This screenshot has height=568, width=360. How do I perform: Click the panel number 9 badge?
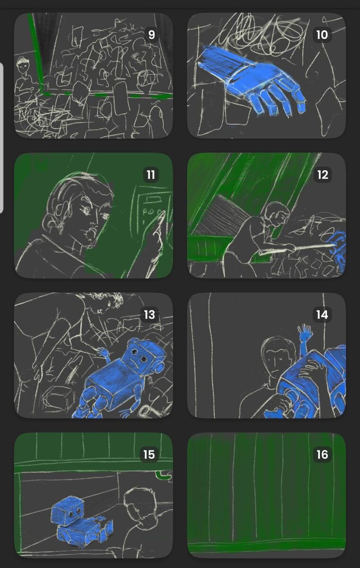point(151,35)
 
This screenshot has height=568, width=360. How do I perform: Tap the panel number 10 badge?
point(322,35)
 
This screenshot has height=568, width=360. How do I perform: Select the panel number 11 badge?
point(151,175)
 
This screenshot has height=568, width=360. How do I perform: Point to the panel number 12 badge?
point(323,175)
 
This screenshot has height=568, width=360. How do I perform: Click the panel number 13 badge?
point(149,315)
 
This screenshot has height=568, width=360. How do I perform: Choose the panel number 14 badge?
point(322,315)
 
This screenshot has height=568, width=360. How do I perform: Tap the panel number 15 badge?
point(149,455)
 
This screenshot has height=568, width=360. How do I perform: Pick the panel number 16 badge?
point(322,455)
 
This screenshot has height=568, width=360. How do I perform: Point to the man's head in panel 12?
point(277,213)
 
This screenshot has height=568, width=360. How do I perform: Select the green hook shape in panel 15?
point(164,475)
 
